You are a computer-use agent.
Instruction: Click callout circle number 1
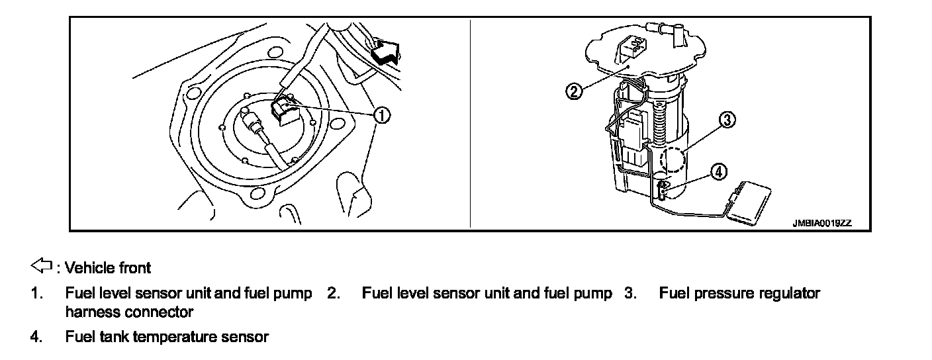pos(381,115)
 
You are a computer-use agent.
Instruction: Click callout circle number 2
pos(575,91)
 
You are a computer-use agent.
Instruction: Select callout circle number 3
pos(727,120)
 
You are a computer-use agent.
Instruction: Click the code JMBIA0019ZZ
pos(822,224)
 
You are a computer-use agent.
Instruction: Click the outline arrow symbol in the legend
pos(41,267)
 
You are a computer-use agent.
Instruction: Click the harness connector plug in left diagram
pos(285,109)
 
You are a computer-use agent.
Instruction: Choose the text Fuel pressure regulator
pos(739,293)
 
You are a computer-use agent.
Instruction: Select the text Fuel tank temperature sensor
pos(167,337)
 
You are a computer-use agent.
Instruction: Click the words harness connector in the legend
pos(129,311)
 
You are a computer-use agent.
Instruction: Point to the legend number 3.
pos(629,293)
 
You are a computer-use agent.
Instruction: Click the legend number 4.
pos(34,337)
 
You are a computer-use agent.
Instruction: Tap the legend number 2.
pos(333,293)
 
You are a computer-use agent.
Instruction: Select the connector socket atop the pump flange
pos(631,48)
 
